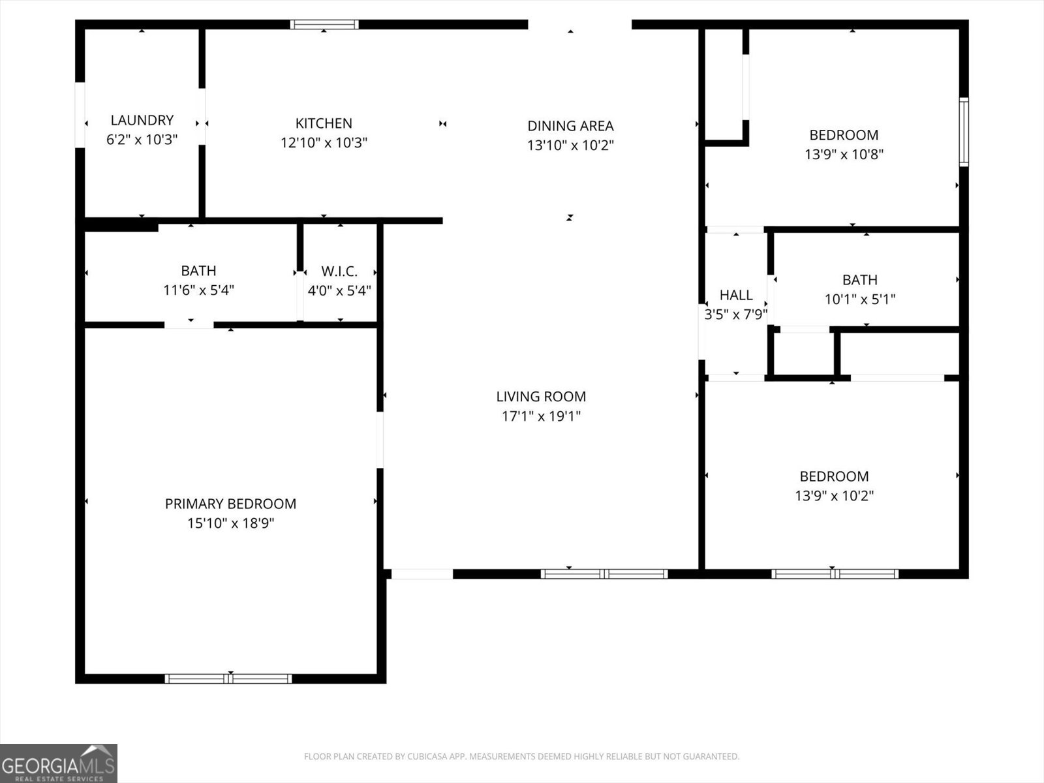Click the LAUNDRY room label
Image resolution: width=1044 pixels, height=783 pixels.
pos(142,120)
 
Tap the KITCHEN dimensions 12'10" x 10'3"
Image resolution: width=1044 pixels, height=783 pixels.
pos(324,142)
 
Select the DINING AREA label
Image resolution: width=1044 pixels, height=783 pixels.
pos(570,125)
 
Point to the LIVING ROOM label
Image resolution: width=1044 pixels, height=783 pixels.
pos(541,396)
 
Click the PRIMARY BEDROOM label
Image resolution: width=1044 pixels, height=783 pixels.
pos(230,504)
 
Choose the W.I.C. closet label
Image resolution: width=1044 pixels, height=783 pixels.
pos(339,271)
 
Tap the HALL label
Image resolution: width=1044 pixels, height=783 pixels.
pos(736,295)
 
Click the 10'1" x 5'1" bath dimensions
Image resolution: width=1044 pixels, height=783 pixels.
pos(859,299)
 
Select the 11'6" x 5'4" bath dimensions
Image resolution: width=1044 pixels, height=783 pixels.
pos(198,290)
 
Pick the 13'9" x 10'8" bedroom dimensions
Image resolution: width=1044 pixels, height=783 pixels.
pos(844,155)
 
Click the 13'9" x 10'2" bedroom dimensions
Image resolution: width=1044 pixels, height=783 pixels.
pos(834,495)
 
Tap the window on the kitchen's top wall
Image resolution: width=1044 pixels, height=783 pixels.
pos(324,25)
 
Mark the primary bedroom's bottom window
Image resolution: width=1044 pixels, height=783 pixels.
pos(228,679)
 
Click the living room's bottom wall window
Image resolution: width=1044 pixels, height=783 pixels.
pos(604,574)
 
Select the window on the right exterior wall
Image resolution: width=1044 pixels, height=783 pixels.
pos(963,132)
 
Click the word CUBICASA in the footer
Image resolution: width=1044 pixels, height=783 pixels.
pos(427,757)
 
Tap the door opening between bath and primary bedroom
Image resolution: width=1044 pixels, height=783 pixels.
pos(189,324)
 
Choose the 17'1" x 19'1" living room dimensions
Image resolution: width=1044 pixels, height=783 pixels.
pos(541,416)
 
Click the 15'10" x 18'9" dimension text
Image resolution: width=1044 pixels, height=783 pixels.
pos(230,523)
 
